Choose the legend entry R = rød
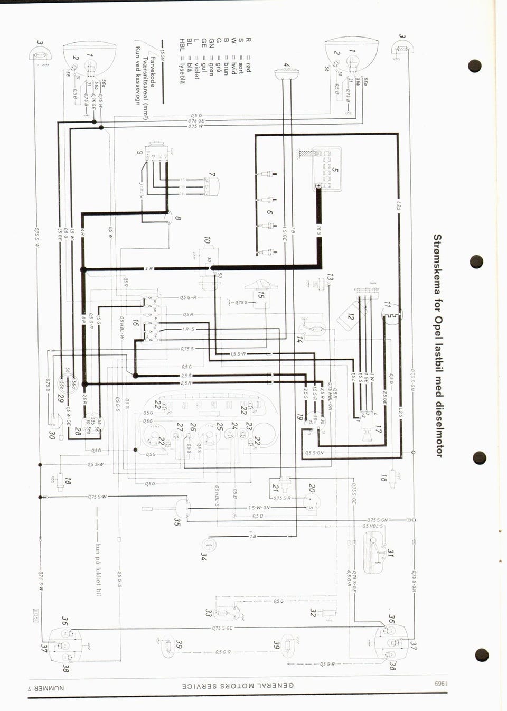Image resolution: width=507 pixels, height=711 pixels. pos(248,55)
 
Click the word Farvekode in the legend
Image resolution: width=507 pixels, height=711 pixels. pos(153,71)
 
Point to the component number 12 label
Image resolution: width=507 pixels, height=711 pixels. pos(350,316)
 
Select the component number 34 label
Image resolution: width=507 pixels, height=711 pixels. pos(204,556)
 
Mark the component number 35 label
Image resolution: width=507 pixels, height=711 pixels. pos(177,522)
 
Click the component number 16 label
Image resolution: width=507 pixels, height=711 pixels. pos(136,322)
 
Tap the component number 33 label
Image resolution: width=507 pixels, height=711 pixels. pos(208,613)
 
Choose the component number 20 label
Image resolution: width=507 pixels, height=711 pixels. pos(312,488)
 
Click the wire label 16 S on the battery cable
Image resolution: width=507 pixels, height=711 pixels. pos(319,230)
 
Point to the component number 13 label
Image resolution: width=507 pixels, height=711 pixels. pos(330,277)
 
